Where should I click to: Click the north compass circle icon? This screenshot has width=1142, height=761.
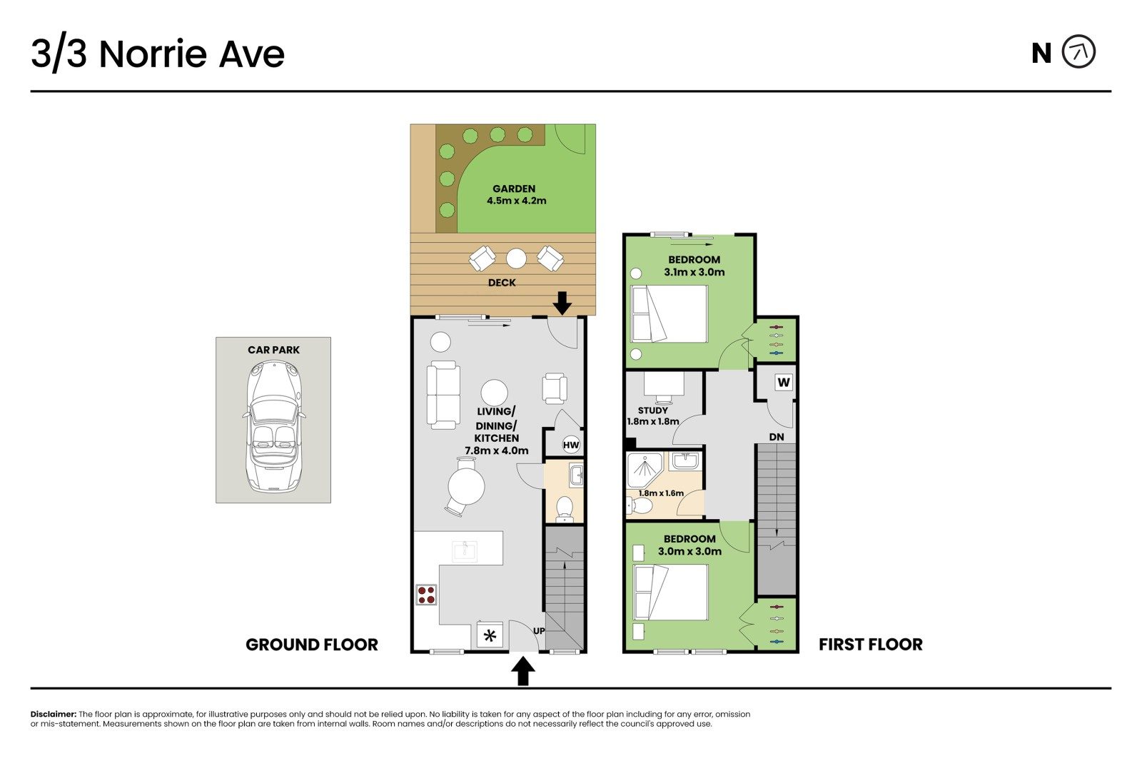click(1078, 51)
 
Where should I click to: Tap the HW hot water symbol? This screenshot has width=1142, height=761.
click(571, 445)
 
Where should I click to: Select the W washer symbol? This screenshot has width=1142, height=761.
click(784, 382)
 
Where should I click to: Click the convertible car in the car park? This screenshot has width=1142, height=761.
click(274, 426)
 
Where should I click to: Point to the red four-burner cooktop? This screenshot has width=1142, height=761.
click(426, 595)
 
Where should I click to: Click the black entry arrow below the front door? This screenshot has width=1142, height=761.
click(523, 671)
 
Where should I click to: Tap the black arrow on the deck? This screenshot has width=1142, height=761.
click(562, 303)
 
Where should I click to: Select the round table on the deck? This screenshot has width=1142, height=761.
click(516, 258)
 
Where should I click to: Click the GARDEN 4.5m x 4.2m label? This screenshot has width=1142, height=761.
click(516, 195)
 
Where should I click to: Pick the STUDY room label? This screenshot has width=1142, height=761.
click(652, 410)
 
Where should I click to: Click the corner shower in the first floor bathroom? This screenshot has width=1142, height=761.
click(645, 470)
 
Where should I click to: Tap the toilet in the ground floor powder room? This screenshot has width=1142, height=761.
click(564, 509)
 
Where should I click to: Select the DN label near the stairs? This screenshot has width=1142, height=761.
click(777, 437)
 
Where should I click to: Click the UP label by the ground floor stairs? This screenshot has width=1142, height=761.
click(539, 631)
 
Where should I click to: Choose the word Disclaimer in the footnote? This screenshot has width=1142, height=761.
click(54, 714)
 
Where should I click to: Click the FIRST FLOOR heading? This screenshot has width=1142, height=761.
click(871, 645)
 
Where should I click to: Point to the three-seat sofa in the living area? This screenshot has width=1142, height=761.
click(443, 395)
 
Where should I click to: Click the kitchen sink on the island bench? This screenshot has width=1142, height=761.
click(465, 551)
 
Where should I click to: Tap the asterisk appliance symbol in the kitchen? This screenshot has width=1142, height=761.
click(490, 635)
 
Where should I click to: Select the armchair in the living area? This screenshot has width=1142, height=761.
click(555, 388)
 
